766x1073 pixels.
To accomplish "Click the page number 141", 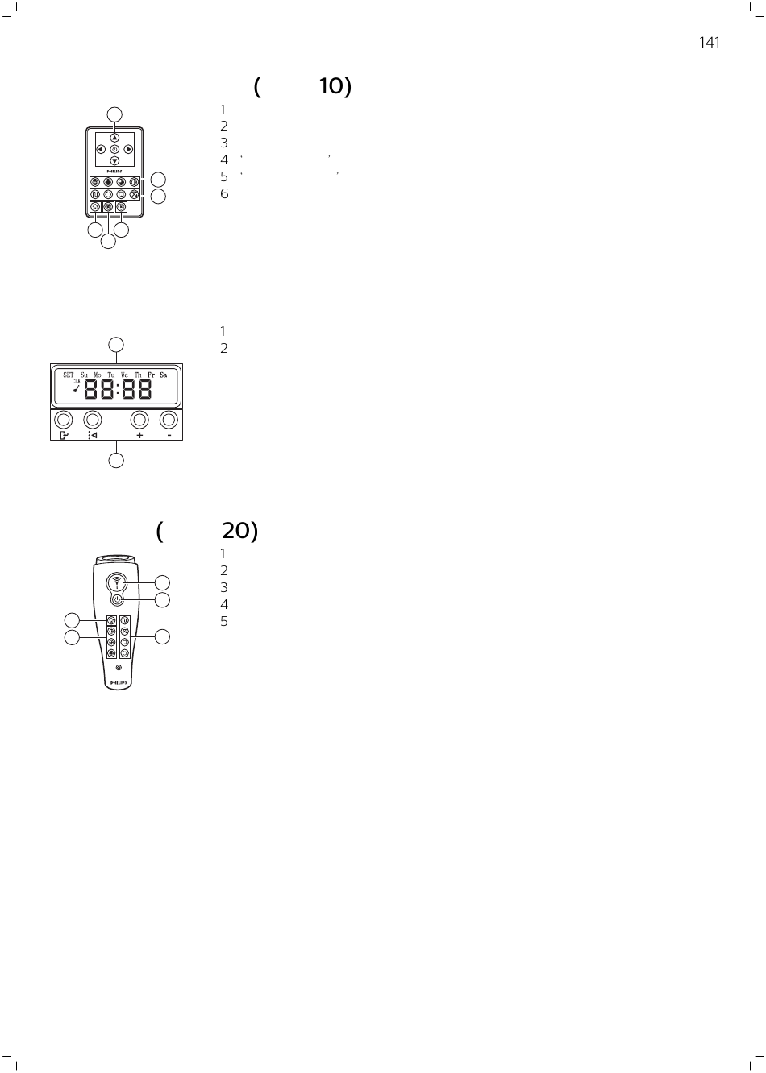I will [710, 43].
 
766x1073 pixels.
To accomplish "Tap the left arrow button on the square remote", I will [101, 149].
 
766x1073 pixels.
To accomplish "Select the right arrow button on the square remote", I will [128, 149].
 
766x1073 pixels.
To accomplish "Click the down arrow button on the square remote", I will [114, 161].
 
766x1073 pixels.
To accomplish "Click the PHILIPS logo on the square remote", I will [114, 171].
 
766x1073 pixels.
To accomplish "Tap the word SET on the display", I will [69, 375].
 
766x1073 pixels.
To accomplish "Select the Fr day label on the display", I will [151, 375].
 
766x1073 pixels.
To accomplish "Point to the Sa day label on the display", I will [164, 375].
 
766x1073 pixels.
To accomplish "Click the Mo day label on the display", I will [98, 375].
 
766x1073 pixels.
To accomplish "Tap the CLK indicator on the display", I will [76, 381].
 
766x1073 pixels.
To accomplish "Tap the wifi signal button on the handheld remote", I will [118, 582].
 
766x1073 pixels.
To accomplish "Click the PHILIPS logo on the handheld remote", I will [119, 683].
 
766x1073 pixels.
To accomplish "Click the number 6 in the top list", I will [224, 193].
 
